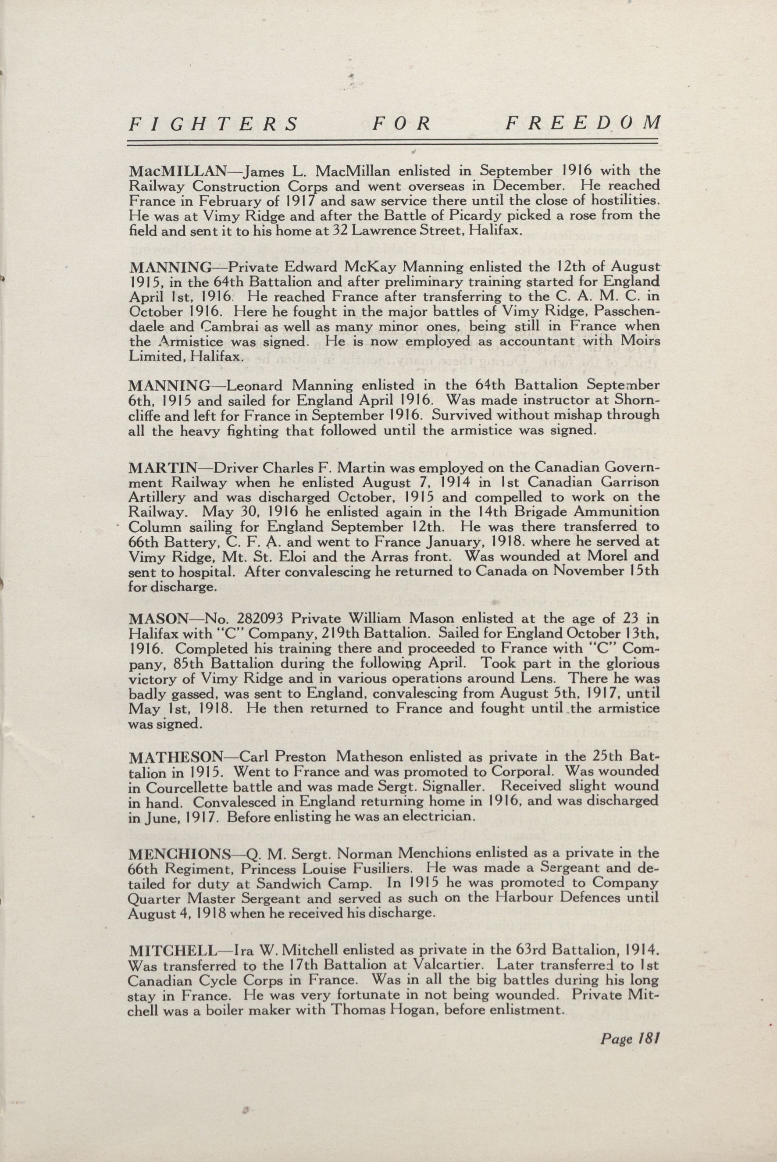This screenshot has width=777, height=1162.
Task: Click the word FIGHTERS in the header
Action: coord(214,124)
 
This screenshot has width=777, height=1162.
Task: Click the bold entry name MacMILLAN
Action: coord(178,172)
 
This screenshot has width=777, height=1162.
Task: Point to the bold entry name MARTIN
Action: coord(157,468)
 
